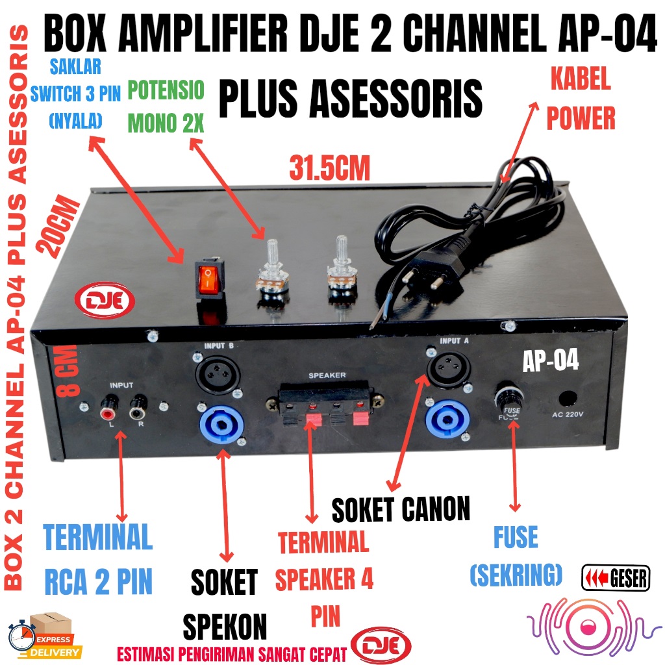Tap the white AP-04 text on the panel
[551, 361]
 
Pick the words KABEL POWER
[580, 98]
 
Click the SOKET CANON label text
[401, 510]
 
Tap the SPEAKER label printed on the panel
[327, 375]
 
